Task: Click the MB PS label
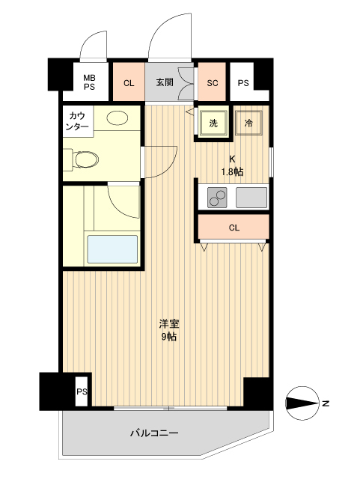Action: point(89,82)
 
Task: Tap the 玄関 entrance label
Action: point(165,82)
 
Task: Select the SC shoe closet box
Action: point(212,82)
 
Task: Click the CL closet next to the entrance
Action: point(128,82)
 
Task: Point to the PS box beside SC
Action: point(243,82)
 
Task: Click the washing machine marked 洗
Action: point(213,123)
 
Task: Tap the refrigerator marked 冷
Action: point(248,123)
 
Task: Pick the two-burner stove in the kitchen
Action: point(217,198)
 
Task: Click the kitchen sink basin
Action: point(251,198)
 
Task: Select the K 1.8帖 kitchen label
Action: point(232,165)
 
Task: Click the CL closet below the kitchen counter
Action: point(234,228)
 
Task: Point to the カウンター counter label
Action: point(78,120)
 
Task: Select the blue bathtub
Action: point(113,248)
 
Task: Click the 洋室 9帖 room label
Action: point(168,330)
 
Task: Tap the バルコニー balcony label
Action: point(154,432)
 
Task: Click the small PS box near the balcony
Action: point(81,391)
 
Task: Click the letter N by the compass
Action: point(326,404)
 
